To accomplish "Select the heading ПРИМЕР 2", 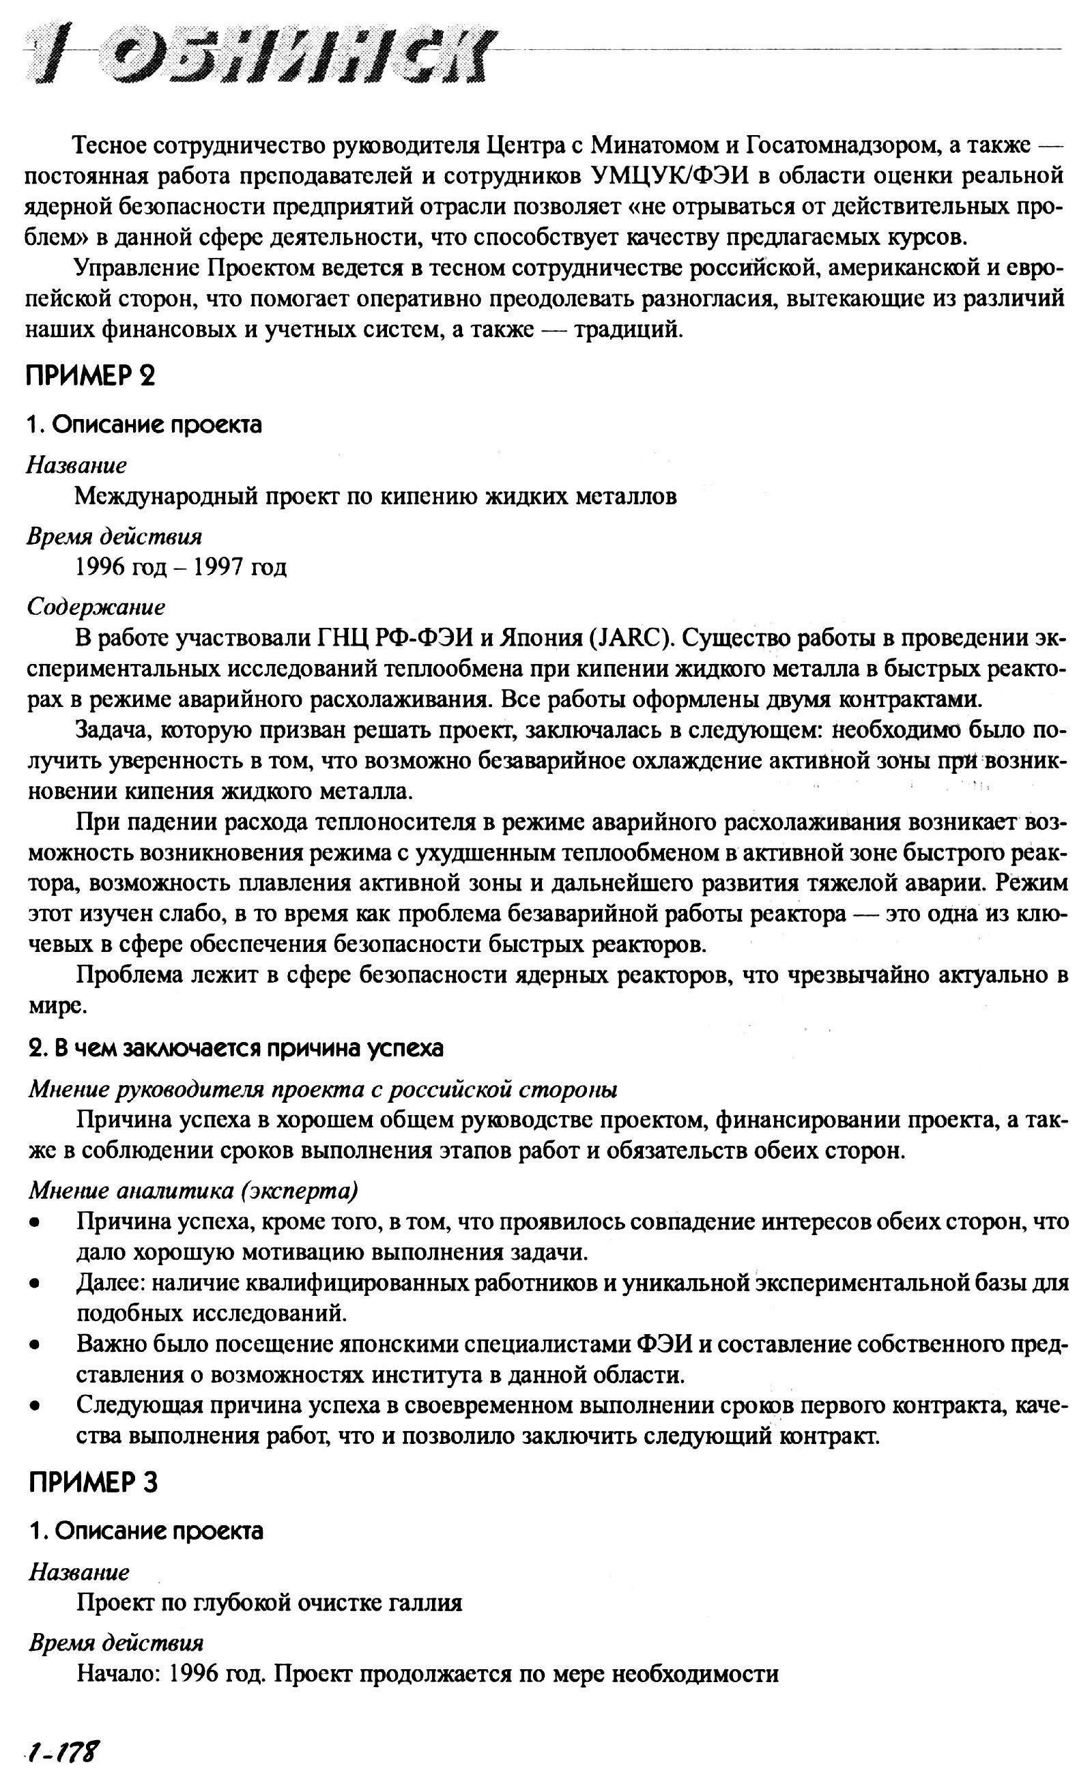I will pyautogui.click(x=91, y=376).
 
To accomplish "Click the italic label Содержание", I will pyautogui.click(x=96, y=607).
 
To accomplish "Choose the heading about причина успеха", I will pyautogui.click(x=236, y=1049).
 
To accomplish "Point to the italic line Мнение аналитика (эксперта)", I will pyautogui.click(x=194, y=1191).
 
